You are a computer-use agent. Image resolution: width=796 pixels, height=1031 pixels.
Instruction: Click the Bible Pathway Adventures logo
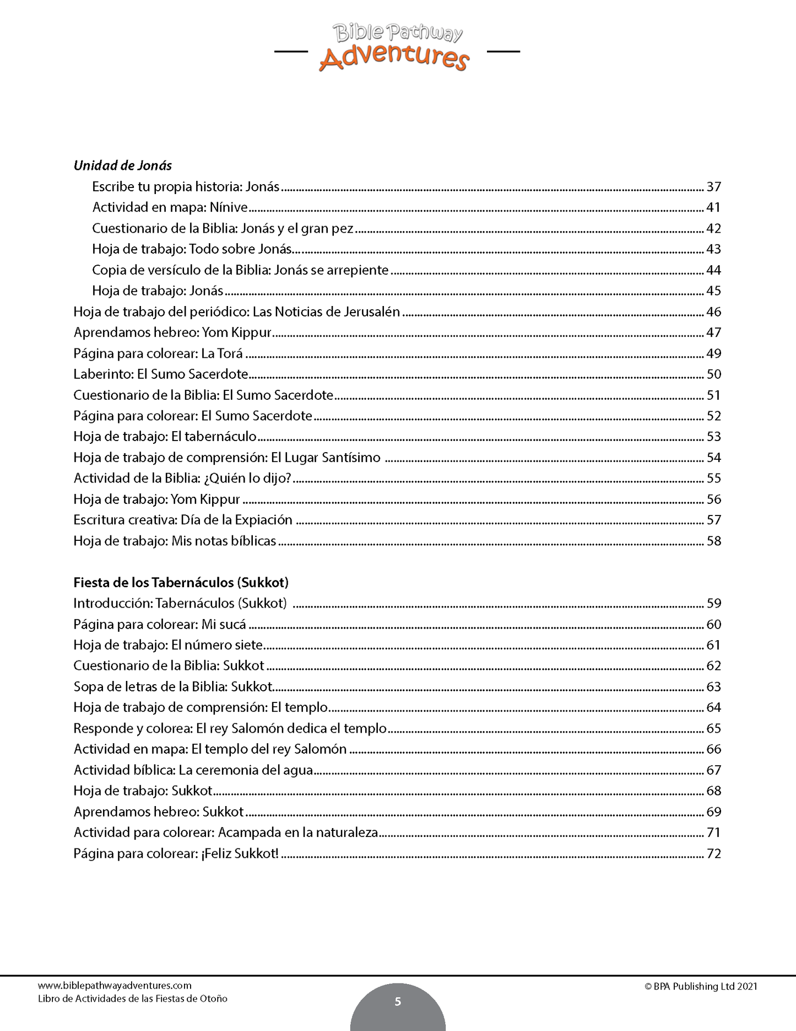(x=397, y=48)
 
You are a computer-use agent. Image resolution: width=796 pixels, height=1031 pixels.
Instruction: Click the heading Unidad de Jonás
(x=123, y=165)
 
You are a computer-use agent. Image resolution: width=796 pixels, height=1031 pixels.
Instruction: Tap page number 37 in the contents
(x=713, y=187)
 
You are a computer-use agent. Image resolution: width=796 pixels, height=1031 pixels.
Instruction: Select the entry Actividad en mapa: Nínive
(x=170, y=208)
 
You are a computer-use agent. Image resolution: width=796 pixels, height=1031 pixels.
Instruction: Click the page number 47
(x=713, y=332)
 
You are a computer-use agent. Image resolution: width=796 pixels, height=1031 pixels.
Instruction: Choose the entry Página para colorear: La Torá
(x=158, y=353)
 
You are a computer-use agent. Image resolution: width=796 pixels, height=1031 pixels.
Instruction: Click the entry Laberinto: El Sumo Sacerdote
(x=161, y=374)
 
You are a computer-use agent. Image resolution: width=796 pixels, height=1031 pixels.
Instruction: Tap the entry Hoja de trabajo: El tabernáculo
(x=165, y=437)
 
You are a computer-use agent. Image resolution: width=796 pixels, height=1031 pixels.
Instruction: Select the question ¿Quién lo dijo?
(x=247, y=479)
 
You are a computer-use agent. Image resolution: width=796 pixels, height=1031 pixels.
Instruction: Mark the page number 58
(x=713, y=541)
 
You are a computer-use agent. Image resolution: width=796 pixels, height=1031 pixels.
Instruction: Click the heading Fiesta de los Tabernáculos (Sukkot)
(x=181, y=583)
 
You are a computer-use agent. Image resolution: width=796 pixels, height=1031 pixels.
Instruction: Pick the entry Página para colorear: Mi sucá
(x=160, y=625)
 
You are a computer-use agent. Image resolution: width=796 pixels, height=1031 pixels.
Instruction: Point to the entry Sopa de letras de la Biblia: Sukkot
(x=173, y=687)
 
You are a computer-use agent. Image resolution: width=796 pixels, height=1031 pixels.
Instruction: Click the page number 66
(x=713, y=749)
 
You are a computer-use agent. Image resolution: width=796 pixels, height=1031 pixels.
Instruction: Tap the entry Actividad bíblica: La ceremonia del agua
(x=193, y=770)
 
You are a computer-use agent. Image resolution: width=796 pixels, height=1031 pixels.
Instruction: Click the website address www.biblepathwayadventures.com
(x=115, y=986)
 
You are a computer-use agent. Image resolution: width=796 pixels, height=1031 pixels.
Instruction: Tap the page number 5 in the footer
(x=398, y=1001)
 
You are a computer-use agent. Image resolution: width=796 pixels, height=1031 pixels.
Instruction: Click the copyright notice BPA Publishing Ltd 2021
(x=701, y=986)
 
